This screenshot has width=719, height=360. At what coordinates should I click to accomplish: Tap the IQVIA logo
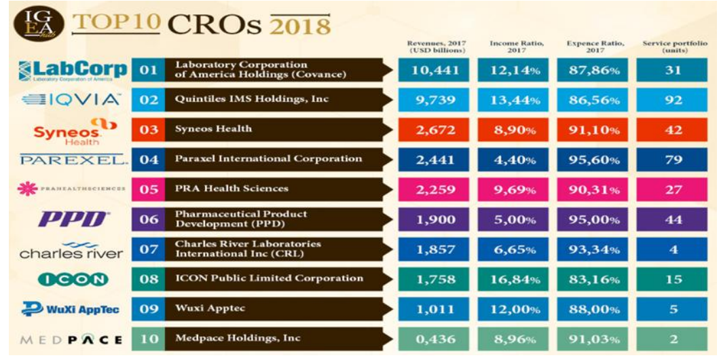pyautogui.click(x=71, y=100)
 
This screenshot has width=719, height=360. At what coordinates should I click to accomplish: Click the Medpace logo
pyautogui.click(x=71, y=339)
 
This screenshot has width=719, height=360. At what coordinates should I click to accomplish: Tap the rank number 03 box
pyautogui.click(x=148, y=130)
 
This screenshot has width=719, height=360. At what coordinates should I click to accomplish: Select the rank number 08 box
pyautogui.click(x=148, y=279)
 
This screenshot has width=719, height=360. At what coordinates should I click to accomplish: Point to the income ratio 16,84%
pyautogui.click(x=515, y=279)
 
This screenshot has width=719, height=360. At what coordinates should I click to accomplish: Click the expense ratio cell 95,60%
pyautogui.click(x=593, y=160)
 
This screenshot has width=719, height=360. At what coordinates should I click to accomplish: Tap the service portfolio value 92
pyautogui.click(x=673, y=100)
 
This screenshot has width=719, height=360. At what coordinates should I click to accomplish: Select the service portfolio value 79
pyautogui.click(x=673, y=160)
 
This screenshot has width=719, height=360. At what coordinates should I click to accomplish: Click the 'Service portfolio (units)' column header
pyautogui.click(x=674, y=48)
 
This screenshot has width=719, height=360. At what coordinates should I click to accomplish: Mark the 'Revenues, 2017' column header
pyautogui.click(x=436, y=48)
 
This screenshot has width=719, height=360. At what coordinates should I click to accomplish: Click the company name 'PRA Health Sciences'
pyautogui.click(x=232, y=189)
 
